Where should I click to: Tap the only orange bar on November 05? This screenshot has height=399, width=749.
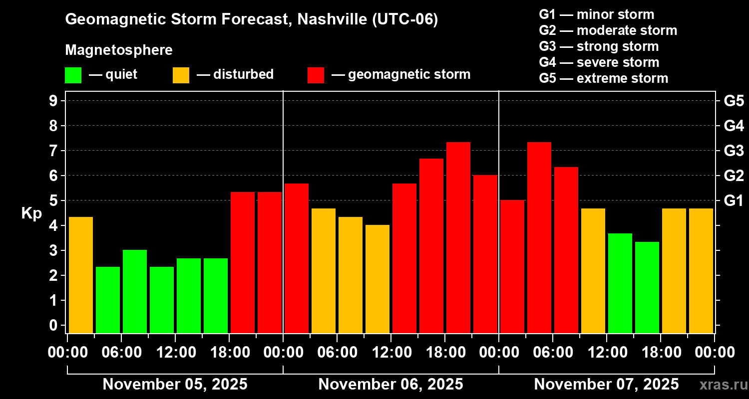coord(81,275)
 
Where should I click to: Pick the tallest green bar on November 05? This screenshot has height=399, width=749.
coord(135,291)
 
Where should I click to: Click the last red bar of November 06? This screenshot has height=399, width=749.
coord(485,254)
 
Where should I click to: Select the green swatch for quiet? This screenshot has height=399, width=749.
coord(73,75)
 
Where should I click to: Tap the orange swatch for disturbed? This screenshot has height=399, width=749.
coord(181,75)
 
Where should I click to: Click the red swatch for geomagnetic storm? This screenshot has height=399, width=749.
coord(316,75)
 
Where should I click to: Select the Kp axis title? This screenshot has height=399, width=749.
coord(31,213)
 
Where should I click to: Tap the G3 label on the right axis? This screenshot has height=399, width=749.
coord(734,151)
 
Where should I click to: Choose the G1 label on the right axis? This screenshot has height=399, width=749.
coord(734,200)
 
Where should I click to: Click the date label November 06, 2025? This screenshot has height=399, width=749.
coord(390,385)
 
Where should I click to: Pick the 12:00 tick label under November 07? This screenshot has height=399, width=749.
coord(606,352)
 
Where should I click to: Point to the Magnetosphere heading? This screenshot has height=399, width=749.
coord(119,50)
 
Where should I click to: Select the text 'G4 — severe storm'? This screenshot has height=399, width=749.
coord(599,62)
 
